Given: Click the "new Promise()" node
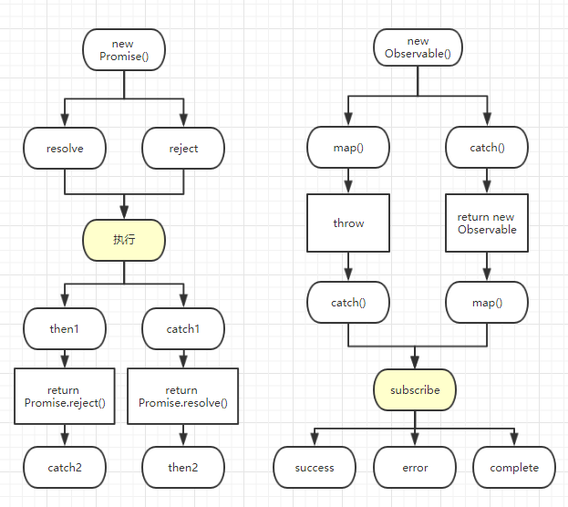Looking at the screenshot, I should [x=123, y=49].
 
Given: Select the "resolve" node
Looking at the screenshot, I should [x=65, y=148].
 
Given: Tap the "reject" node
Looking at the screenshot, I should [x=183, y=148].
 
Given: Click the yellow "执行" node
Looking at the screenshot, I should [x=124, y=239].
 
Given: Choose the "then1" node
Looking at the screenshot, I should [x=65, y=328].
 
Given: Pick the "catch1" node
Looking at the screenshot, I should [x=183, y=328].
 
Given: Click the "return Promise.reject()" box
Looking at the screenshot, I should [x=65, y=397].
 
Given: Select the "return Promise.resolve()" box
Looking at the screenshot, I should [x=183, y=397].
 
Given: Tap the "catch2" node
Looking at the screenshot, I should [x=65, y=468].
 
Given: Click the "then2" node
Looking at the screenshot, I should [x=183, y=468].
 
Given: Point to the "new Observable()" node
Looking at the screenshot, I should [x=418, y=47].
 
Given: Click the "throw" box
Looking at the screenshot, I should [x=348, y=222].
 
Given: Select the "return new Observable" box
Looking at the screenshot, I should [x=487, y=222].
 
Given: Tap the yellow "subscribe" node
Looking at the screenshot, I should [x=415, y=389].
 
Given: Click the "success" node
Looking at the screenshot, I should [x=315, y=468].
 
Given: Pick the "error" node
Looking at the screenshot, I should [x=415, y=468].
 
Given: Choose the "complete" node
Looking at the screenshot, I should [x=514, y=468].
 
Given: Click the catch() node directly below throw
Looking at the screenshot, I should [x=348, y=302].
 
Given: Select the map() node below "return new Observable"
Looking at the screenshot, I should [x=487, y=302].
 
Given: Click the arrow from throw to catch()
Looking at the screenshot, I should [x=348, y=267].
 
